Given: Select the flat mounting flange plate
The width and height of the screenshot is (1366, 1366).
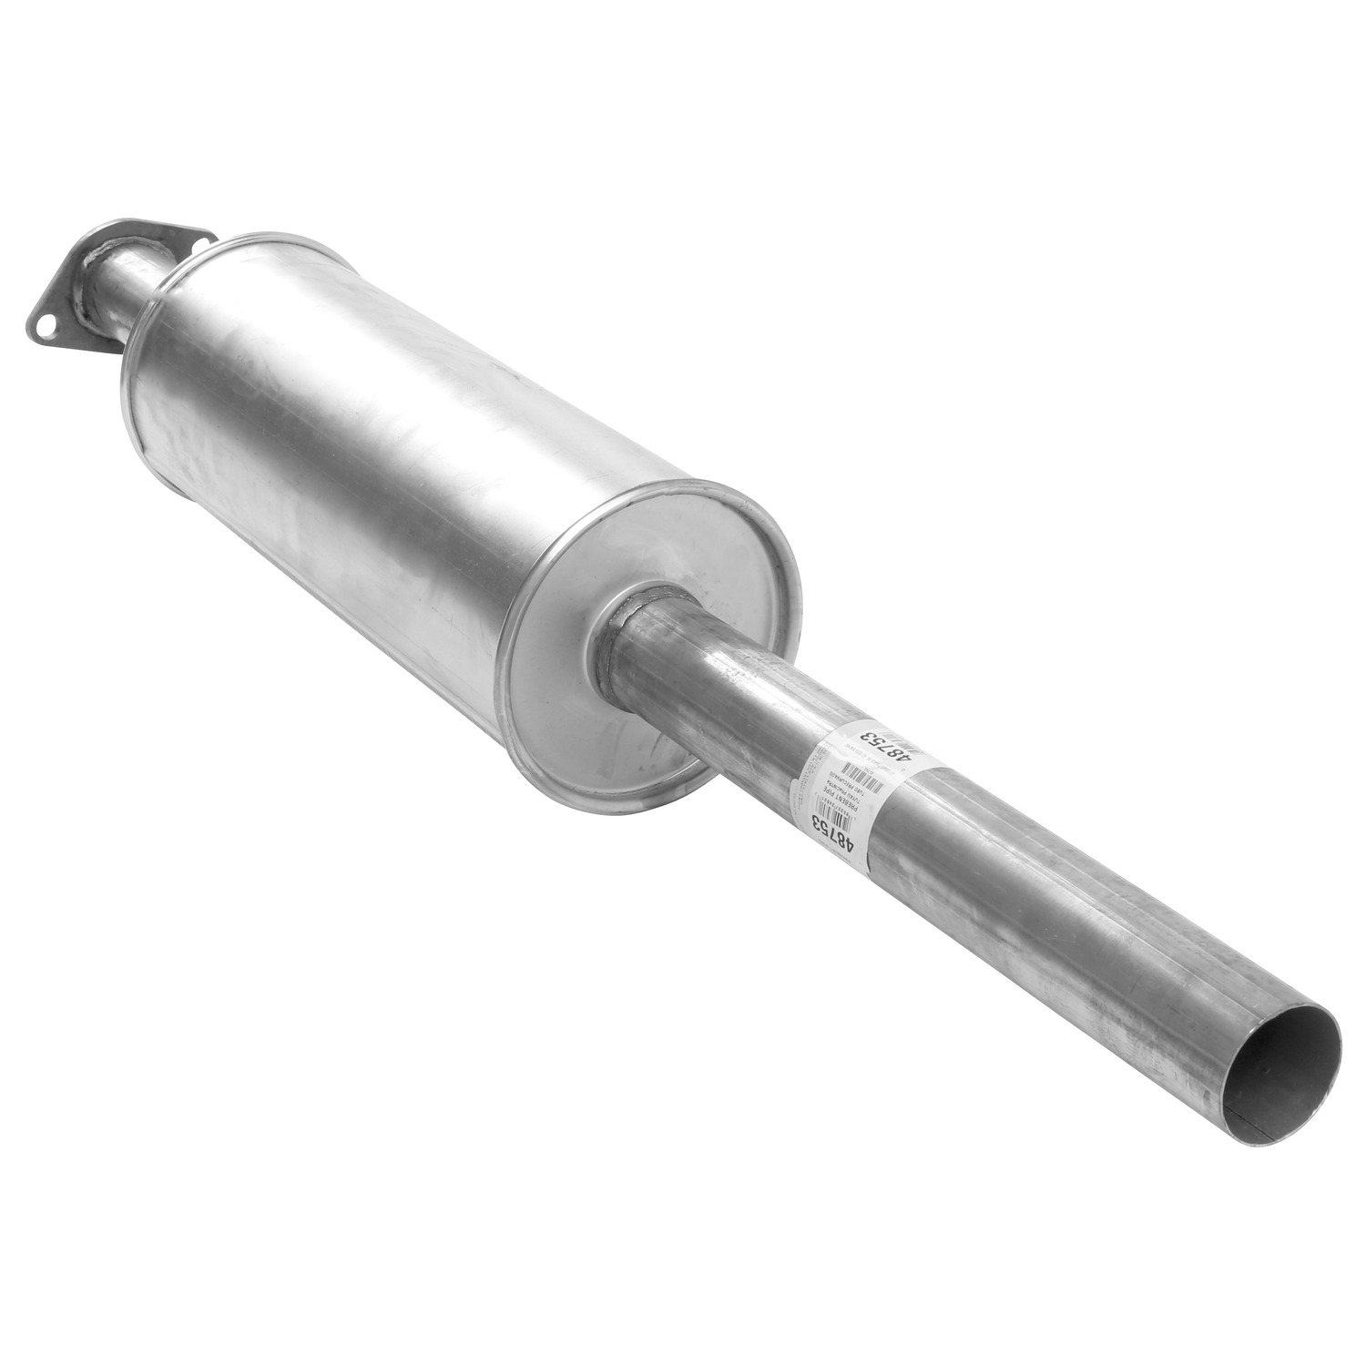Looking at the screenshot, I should (82, 273).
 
